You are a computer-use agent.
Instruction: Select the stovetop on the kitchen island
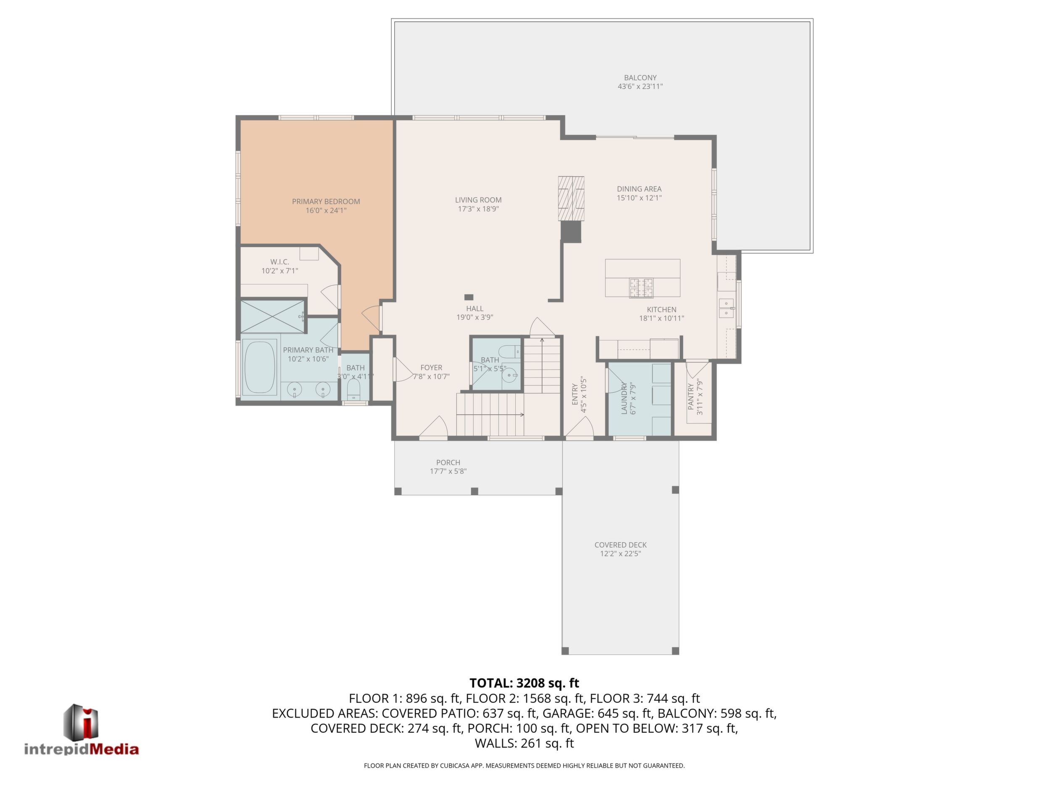[641, 288]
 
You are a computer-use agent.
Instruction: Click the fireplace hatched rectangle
[571, 198]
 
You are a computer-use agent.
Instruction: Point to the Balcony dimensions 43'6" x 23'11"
[640, 86]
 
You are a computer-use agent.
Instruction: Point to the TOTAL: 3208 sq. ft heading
[524, 683]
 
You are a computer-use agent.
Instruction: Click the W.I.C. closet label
[280, 262]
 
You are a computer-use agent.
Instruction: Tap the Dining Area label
[639, 189]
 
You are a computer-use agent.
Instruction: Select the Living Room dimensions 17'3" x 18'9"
[478, 209]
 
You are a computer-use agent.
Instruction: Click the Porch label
[448, 462]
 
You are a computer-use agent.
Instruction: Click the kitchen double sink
[727, 308]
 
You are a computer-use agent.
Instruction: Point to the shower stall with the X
[273, 316]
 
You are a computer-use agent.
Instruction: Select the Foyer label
[431, 368]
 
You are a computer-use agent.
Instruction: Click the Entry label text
[575, 395]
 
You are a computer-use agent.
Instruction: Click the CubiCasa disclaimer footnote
[524, 766]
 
